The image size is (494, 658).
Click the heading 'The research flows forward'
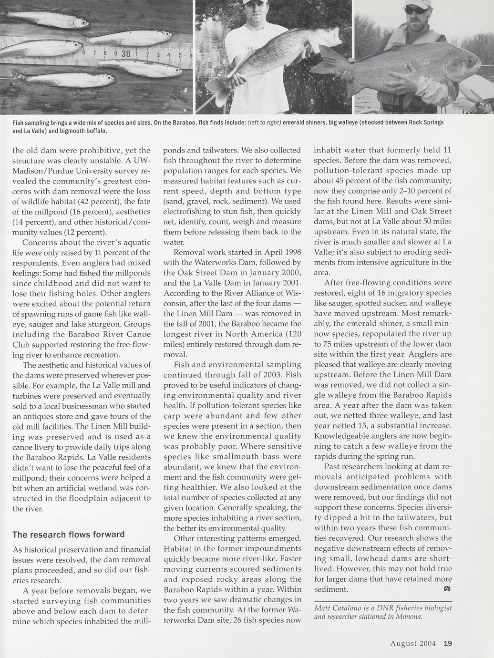pyautogui.click(x=69, y=535)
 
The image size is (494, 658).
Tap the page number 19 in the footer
pyautogui.click(x=447, y=643)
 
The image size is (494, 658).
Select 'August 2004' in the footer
pyautogui.click(x=413, y=643)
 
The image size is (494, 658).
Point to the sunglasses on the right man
pyautogui.click(x=417, y=10)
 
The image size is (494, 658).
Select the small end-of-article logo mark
pyautogui.click(x=447, y=589)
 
